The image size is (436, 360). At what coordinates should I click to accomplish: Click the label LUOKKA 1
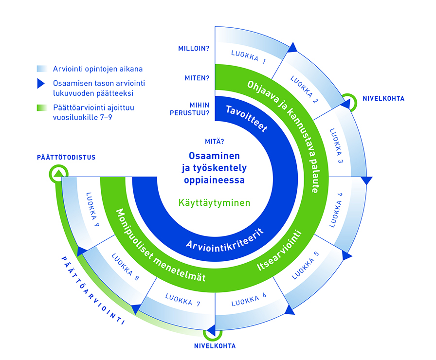[x=248, y=57]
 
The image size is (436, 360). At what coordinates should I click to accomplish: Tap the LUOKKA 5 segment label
[x=305, y=265]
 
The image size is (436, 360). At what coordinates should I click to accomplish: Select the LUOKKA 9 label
[x=92, y=209]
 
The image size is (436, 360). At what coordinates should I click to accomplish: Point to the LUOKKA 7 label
[x=182, y=300]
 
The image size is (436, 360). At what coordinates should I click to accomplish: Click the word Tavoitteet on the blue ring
[x=246, y=118]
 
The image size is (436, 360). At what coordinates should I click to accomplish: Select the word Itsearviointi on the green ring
[x=279, y=250]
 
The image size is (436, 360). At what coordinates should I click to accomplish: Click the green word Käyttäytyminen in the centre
[x=214, y=203]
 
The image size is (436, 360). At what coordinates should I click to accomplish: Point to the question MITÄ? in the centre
[x=215, y=142]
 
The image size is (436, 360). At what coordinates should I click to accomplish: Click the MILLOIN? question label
[x=194, y=48]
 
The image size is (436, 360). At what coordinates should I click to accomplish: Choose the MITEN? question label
[x=197, y=78]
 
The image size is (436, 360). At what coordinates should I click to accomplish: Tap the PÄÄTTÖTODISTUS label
[x=66, y=157]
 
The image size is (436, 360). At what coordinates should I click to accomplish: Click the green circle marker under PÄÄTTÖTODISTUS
[x=58, y=174]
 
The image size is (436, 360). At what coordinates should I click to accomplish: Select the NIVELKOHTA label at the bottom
[x=215, y=346]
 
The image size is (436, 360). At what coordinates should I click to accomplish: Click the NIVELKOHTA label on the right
[x=383, y=98]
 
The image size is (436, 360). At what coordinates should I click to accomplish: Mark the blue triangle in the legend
[x=41, y=83]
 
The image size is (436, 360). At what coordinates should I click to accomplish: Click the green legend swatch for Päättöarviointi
[x=42, y=108]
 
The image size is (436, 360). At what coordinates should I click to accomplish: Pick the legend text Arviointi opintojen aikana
[x=98, y=69]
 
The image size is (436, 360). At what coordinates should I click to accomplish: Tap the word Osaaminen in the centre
[x=214, y=156]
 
